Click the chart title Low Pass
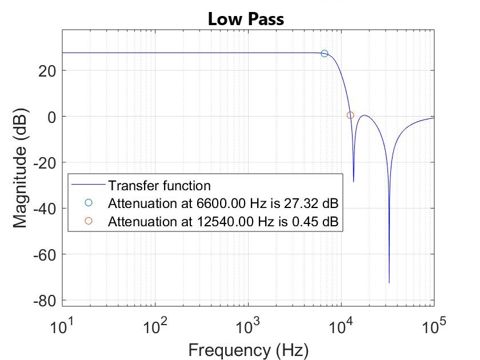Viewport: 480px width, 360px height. (246, 19)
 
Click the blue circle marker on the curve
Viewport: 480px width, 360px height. (325, 54)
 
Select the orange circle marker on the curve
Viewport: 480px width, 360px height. (350, 115)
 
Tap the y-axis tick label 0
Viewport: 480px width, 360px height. (50, 117)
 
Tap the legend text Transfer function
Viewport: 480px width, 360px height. (159, 185)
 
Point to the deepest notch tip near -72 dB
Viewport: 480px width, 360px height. (389, 282)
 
